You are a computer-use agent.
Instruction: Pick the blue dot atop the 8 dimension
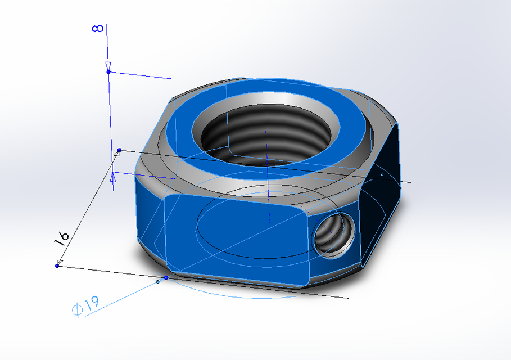pos(108,71)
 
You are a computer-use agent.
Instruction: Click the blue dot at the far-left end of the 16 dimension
pos(57,265)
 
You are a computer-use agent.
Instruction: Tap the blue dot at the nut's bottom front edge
pos(166,277)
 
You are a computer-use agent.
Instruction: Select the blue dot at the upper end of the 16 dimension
pos(119,150)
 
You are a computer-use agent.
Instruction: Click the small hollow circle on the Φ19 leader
pos(157,282)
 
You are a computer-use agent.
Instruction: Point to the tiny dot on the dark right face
pos(382,175)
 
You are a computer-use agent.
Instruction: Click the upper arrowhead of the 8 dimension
pos(108,65)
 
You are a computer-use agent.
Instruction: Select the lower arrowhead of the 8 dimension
pos(113,177)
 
